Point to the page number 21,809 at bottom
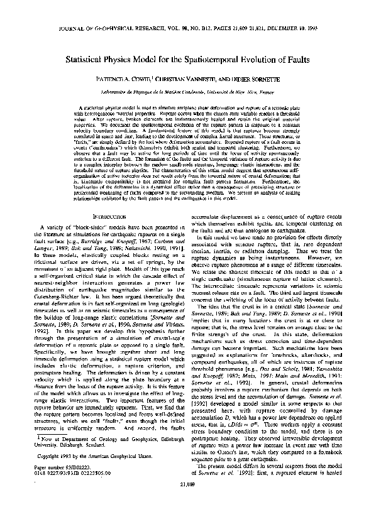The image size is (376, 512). (188, 502)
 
